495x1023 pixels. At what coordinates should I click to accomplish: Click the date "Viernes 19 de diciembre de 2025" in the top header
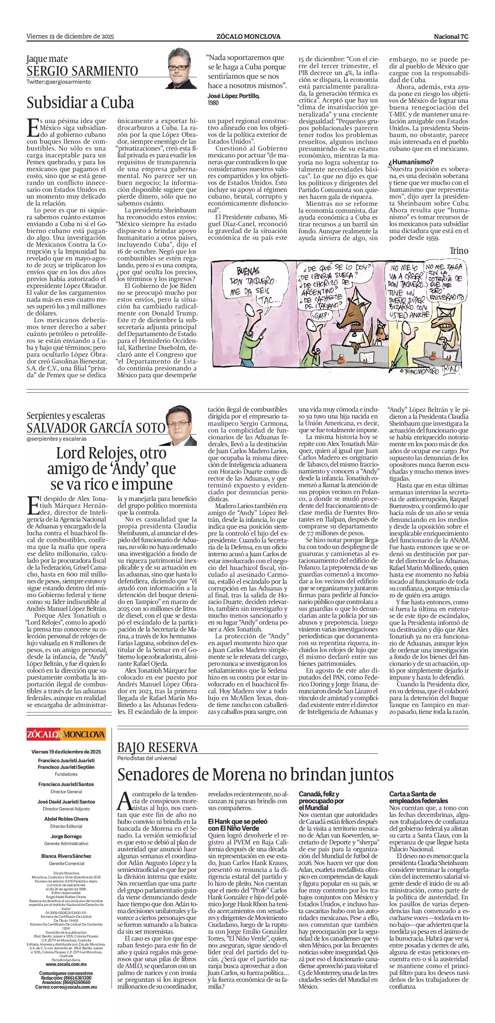tap(70, 37)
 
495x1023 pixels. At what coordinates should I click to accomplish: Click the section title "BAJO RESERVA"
tap(158, 748)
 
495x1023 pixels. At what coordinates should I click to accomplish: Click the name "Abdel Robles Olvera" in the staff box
tap(66, 818)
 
